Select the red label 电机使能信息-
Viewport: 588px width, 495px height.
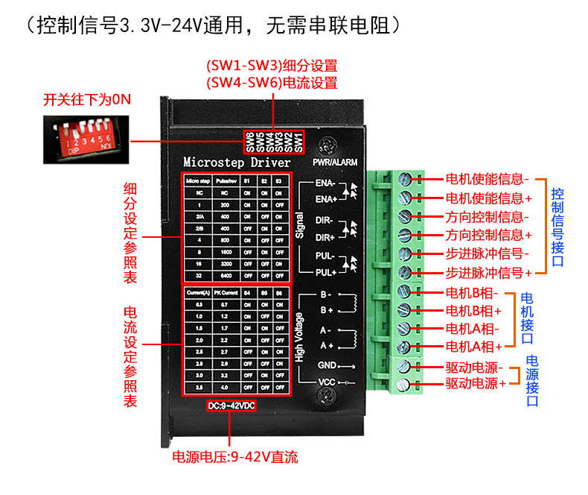tap(488, 179)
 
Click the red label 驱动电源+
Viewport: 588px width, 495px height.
tap(476, 383)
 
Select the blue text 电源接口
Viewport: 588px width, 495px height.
tap(532, 380)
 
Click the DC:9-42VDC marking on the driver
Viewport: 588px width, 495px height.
tap(231, 406)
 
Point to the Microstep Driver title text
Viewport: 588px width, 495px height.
tap(231, 162)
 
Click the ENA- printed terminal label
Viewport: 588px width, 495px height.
tap(325, 183)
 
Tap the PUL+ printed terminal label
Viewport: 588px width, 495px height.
tap(325, 273)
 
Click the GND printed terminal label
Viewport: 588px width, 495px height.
tap(327, 365)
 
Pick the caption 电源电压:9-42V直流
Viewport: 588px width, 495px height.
tap(235, 456)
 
